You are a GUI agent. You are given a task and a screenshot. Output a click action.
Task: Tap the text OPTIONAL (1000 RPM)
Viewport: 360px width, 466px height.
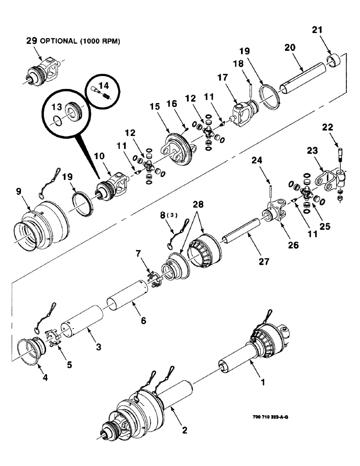(80, 41)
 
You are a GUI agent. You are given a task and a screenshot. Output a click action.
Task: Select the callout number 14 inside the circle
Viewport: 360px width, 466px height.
(103, 85)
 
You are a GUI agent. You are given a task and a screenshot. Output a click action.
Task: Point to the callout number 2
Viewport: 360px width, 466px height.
(185, 432)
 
